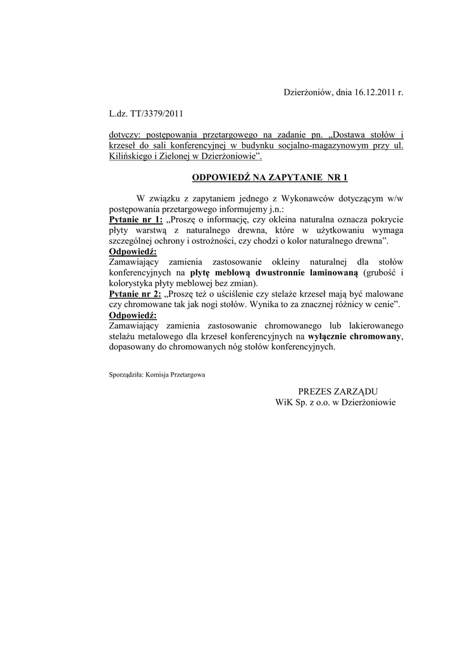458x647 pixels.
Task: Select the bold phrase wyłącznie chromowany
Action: click(354, 337)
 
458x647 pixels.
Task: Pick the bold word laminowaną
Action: click(333, 272)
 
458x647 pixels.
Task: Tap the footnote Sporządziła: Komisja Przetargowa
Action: click(157, 374)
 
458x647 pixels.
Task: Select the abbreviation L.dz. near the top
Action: click(119, 114)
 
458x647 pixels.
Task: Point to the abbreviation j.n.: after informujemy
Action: click(273, 209)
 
